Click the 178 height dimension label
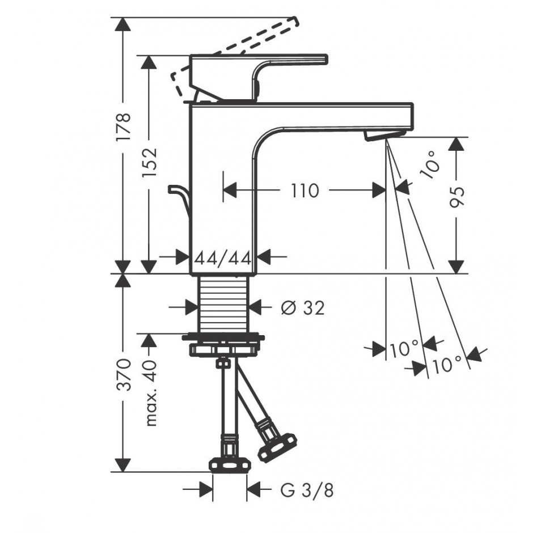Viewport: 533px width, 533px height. tap(122, 127)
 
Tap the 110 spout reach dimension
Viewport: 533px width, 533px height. tap(305, 191)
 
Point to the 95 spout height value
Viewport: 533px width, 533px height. tap(456, 197)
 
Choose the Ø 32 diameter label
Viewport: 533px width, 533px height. tap(303, 308)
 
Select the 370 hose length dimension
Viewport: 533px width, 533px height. tap(123, 374)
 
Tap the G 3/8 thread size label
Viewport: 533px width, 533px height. tap(307, 490)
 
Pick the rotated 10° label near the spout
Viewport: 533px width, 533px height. tap(430, 165)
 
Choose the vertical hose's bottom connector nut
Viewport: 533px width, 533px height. tap(230, 465)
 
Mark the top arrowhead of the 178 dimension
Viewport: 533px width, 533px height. tap(122, 24)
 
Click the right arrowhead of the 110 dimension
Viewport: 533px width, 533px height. tap(379, 191)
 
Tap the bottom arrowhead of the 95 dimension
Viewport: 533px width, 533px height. tap(456, 267)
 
